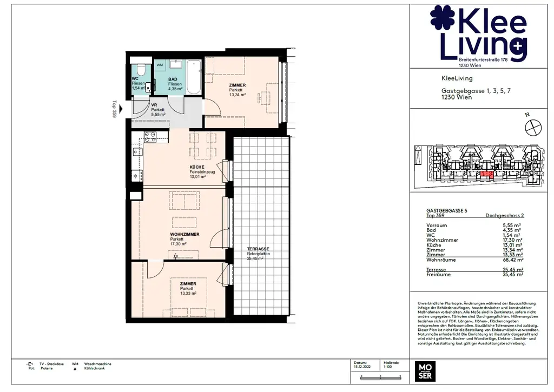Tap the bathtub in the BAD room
(x=194, y=72)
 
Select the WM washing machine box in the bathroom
(x=160, y=65)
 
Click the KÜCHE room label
(x=196, y=167)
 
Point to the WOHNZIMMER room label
(x=184, y=234)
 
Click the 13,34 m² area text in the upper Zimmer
(x=238, y=95)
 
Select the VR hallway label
(x=154, y=105)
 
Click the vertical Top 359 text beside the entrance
(x=114, y=108)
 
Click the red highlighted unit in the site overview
(x=487, y=174)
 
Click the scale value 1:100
(x=388, y=367)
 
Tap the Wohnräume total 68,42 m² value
(x=511, y=260)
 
